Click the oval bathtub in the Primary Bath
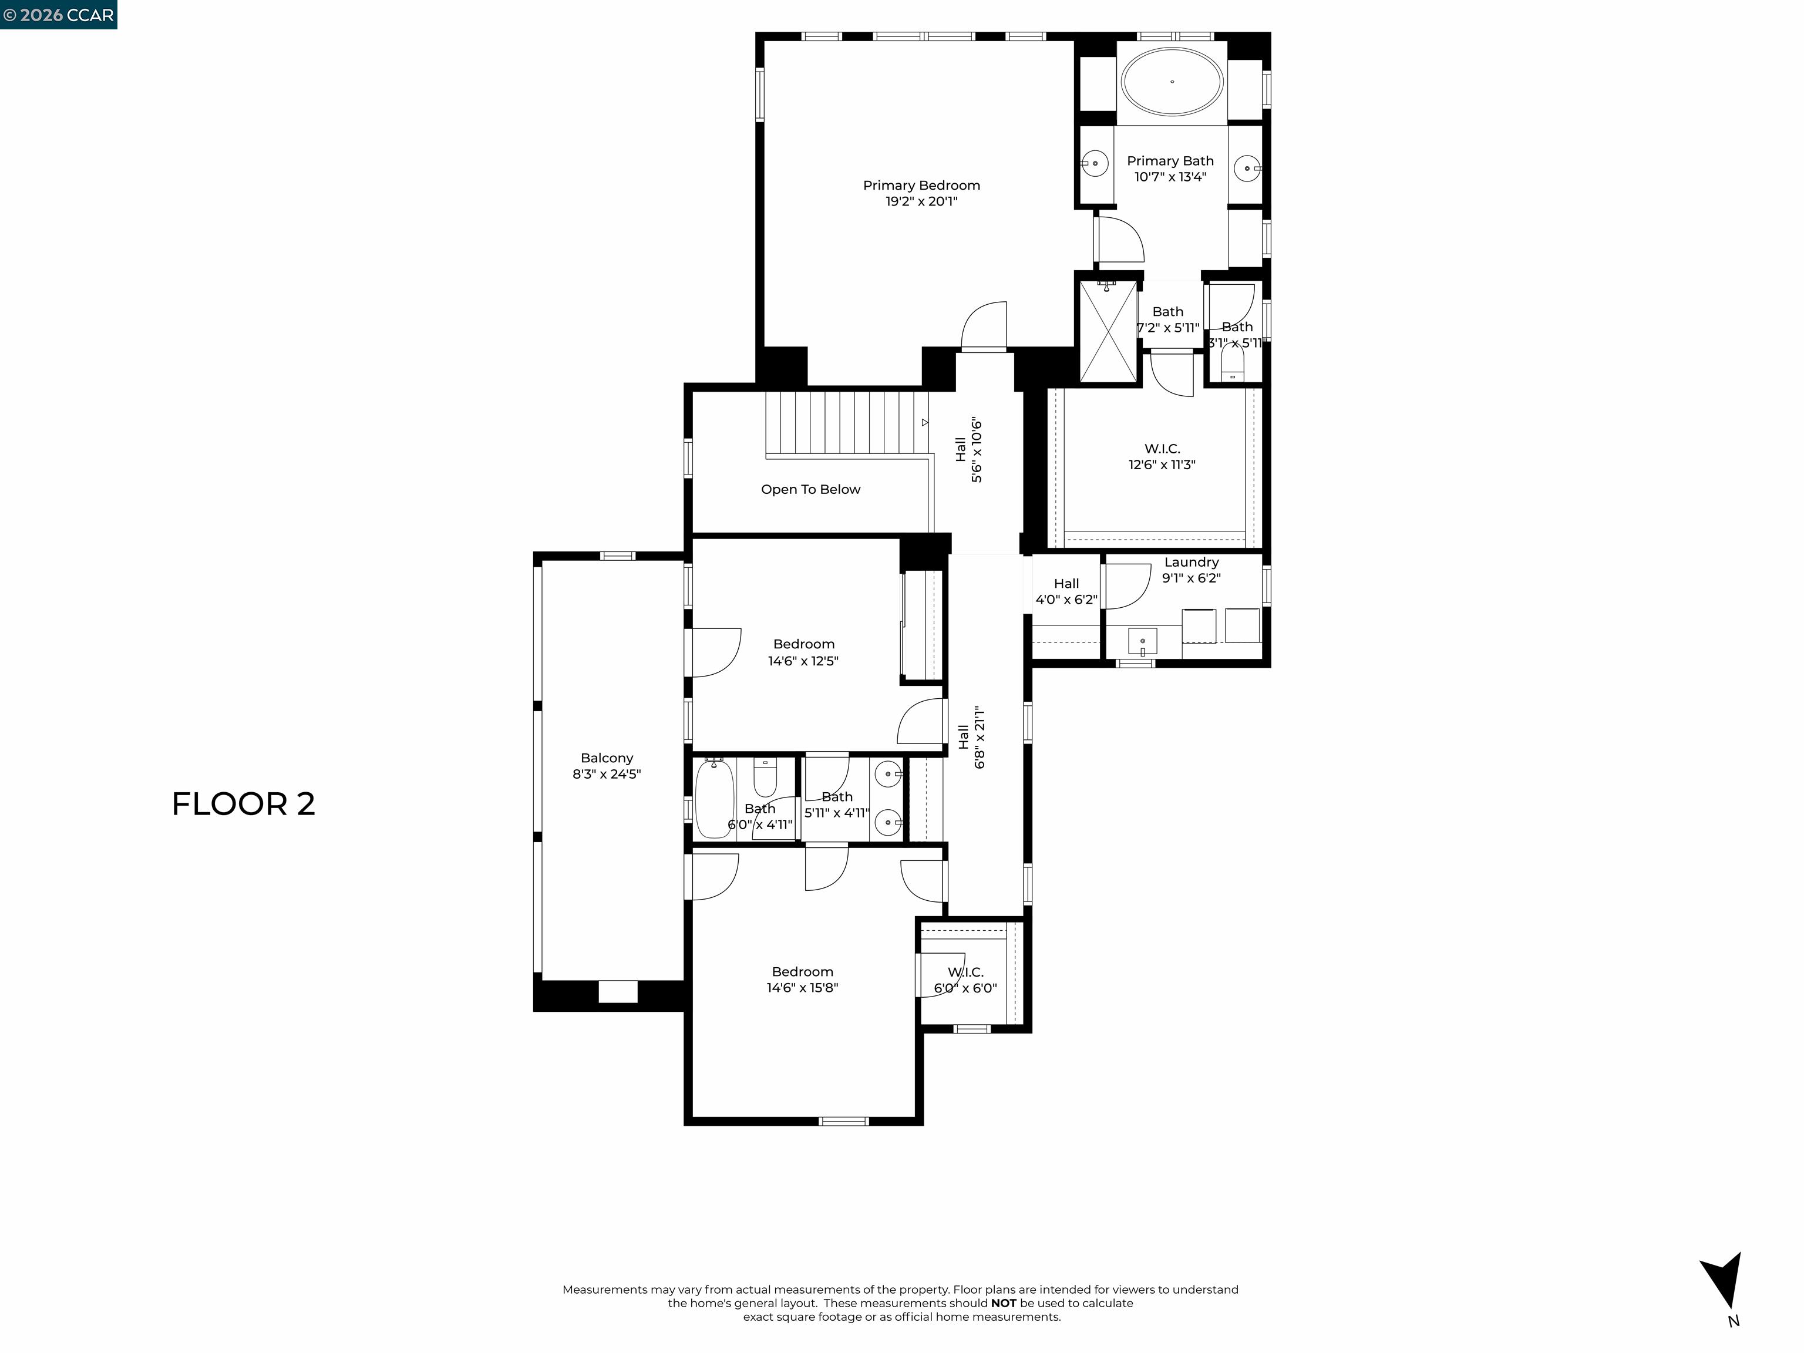(1172, 82)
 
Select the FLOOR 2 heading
(243, 804)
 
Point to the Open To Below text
(810, 489)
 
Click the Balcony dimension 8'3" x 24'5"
(606, 774)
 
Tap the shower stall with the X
(1108, 331)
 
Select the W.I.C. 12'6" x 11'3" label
(1162, 457)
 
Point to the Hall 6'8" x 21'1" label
(971, 737)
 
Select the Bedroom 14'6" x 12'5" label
(803, 652)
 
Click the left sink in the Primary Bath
(1095, 164)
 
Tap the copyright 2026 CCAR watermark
(59, 15)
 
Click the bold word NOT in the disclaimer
(1003, 1303)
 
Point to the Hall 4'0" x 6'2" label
(1066, 591)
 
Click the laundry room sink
(1143, 641)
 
